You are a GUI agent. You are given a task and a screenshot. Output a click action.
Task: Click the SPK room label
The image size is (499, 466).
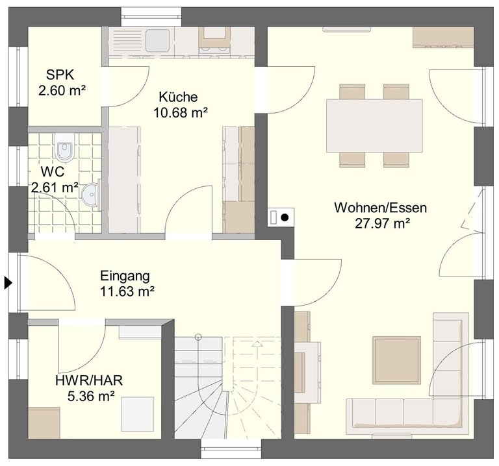click(x=60, y=75)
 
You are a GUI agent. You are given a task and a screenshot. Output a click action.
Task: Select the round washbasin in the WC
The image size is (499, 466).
click(x=90, y=195)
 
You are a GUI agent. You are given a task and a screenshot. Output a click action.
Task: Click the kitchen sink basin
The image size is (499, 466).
click(x=157, y=40)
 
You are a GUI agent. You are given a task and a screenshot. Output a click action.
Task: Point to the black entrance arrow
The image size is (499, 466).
click(x=8, y=282)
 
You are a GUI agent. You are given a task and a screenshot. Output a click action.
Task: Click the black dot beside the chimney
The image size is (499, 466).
click(x=285, y=217)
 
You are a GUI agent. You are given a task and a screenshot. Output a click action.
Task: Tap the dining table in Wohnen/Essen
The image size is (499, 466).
click(x=374, y=125)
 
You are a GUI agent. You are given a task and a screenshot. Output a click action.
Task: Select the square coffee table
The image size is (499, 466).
click(x=396, y=360)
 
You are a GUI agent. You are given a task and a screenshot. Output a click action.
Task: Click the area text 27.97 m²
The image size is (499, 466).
click(x=382, y=223)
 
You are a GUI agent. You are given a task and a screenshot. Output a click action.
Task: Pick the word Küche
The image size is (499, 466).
click(x=178, y=97)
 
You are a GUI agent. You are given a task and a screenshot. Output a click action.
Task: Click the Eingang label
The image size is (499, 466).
click(x=125, y=276)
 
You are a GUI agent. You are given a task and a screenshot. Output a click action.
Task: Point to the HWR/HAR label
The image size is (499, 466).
click(x=89, y=380)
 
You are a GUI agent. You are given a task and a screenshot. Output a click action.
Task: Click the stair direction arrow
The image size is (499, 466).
click(x=257, y=343)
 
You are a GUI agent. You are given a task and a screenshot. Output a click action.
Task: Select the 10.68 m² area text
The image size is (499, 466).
click(x=181, y=112)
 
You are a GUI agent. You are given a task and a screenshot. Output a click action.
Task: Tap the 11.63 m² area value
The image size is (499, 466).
click(x=127, y=291)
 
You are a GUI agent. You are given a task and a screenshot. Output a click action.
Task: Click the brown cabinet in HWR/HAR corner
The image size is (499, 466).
click(x=44, y=423)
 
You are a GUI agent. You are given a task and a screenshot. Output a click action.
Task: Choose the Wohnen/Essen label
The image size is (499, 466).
click(x=381, y=208)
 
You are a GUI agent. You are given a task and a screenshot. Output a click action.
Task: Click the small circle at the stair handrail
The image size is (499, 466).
click(x=198, y=336)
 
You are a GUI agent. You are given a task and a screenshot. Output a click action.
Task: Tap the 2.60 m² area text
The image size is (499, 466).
click(x=62, y=91)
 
